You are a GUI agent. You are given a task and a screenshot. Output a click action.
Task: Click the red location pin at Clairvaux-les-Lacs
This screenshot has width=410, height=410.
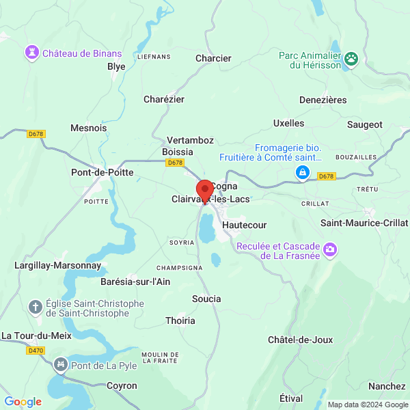point(204,190)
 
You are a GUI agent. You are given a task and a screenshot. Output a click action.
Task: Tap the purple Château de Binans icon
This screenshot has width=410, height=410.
point(31,52)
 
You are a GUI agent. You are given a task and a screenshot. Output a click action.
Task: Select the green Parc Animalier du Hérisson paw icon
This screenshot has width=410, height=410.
point(352,59)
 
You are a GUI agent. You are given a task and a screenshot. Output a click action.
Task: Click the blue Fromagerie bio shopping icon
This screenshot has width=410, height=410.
point(301,173)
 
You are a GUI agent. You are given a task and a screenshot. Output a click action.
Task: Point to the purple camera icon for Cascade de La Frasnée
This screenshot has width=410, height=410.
point(331,250)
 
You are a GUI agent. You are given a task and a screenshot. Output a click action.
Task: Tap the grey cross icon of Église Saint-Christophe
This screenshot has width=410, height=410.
point(35,307)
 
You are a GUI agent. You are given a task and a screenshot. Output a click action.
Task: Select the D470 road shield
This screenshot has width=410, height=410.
point(36,351)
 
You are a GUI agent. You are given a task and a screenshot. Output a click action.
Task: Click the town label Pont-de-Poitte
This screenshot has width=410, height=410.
point(102,172)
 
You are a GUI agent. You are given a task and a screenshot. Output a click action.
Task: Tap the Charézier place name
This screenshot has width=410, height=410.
point(164,99)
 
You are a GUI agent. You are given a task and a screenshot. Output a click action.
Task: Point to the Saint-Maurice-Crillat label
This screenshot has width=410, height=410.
point(364,223)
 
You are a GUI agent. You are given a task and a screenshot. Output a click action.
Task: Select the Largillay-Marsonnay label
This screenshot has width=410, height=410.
point(58,264)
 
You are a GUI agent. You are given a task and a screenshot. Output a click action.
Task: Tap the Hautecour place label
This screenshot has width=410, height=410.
point(245,224)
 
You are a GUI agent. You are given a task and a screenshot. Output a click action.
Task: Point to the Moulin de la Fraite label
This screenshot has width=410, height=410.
point(160,357)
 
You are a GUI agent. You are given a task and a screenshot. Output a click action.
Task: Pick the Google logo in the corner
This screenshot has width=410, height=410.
point(23,402)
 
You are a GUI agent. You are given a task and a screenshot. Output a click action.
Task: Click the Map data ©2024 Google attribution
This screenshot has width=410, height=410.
point(368,405)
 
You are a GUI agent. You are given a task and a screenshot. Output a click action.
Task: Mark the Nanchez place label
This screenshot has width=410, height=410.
point(387,386)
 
